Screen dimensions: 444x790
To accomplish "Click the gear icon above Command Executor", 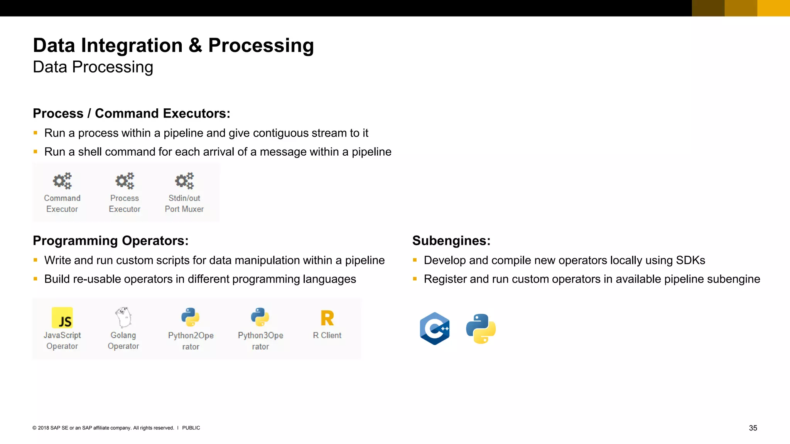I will [x=62, y=180].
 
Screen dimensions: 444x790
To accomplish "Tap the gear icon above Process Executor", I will [x=125, y=180].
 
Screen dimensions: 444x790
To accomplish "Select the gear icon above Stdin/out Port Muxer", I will [x=184, y=180].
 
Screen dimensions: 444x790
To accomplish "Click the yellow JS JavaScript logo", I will [x=62, y=318].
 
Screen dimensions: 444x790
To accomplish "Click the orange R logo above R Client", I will [x=327, y=318].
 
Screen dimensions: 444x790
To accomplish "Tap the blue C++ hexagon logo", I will [x=435, y=328].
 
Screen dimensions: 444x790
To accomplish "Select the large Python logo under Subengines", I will [x=481, y=328].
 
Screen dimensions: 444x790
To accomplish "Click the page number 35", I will [x=753, y=428].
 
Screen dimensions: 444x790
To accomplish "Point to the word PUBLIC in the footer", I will [x=191, y=428].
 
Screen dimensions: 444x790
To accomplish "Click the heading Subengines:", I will [x=451, y=240].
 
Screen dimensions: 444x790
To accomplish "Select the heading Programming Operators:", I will [x=111, y=240].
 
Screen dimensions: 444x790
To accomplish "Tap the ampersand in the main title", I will [x=196, y=45].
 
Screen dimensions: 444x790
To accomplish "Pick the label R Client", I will [x=327, y=335].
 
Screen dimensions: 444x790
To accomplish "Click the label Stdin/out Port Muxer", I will [x=184, y=203].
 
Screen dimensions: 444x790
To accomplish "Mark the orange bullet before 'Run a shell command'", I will [x=35, y=152].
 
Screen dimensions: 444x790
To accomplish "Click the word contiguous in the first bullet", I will [x=280, y=133].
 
